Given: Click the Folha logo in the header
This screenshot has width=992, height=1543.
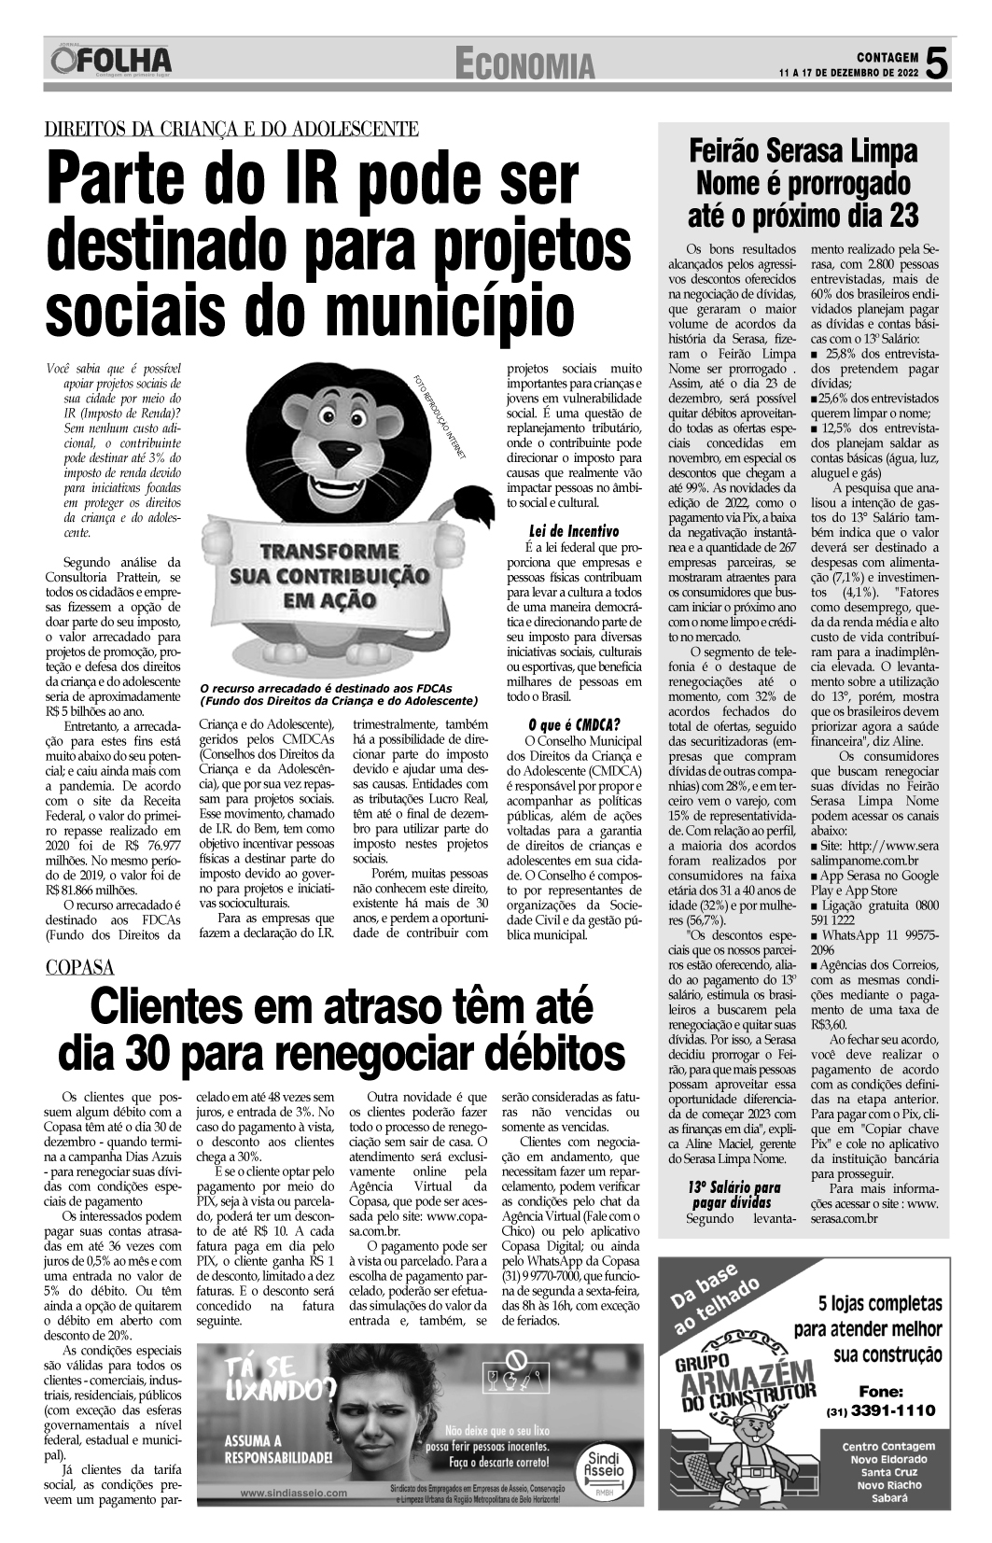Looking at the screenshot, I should (112, 62).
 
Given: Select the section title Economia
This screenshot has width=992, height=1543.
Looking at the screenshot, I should (525, 64).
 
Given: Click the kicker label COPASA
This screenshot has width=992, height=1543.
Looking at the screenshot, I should (79, 967).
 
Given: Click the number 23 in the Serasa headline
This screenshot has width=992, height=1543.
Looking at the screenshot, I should (892, 217).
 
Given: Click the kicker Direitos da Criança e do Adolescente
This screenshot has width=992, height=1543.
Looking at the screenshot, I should (231, 130).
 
